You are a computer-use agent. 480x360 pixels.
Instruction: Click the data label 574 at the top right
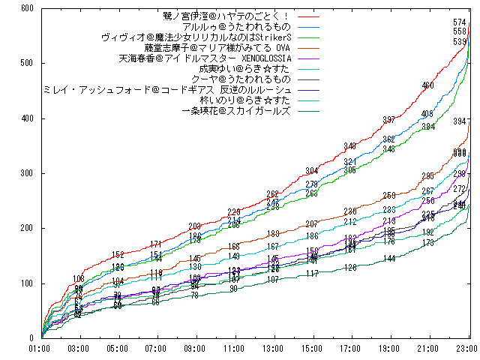pyautogui.click(x=460, y=22)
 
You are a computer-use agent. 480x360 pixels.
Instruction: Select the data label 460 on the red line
pyautogui.click(x=427, y=85)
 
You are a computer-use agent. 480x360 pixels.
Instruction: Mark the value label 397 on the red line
pyautogui.click(x=388, y=120)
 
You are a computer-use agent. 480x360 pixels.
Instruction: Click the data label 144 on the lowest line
pyautogui.click(x=388, y=259)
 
